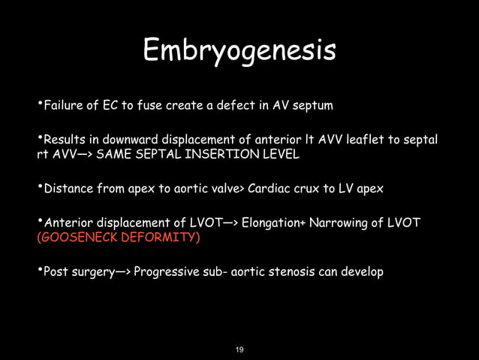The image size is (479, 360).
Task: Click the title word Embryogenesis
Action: point(239,52)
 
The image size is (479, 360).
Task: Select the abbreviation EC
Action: point(103,105)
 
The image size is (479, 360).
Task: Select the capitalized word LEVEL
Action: point(282,155)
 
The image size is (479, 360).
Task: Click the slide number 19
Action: point(239,349)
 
